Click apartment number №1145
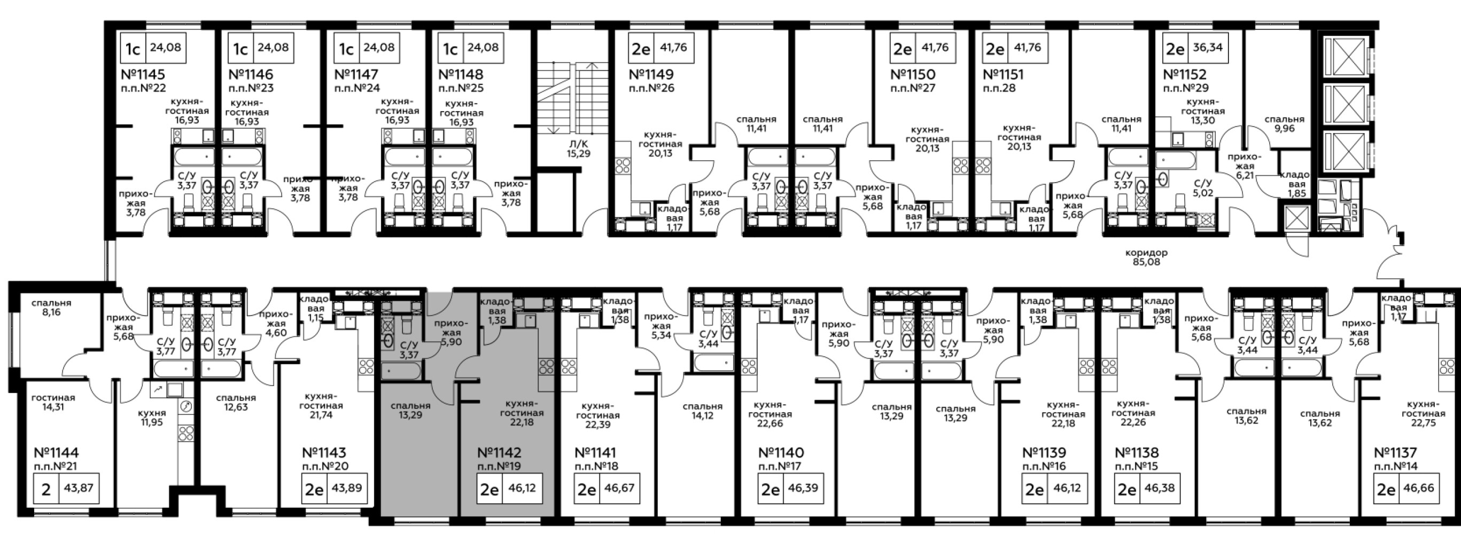143,74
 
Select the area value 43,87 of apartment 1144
79,488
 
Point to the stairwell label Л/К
578,144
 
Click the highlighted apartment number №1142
499,453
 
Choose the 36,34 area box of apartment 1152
1208,48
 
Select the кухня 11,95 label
152,417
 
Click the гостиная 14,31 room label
53,402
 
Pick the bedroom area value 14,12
702,415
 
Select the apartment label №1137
1395,453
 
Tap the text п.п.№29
1186,88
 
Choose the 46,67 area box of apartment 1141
619,488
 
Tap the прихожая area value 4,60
276,333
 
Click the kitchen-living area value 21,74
321,415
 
